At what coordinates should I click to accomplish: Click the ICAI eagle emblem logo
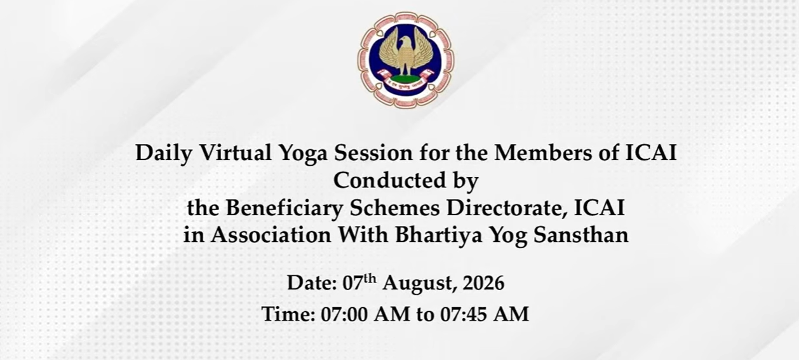406,60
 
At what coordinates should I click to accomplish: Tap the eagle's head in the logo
405,42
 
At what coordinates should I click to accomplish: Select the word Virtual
236,152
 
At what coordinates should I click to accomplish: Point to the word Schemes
394,208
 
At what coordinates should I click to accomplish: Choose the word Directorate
507,208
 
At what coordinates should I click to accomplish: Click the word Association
271,235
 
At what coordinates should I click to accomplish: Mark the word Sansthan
581,235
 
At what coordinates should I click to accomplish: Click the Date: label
312,283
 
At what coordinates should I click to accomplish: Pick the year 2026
483,283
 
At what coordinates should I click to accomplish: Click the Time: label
288,314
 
